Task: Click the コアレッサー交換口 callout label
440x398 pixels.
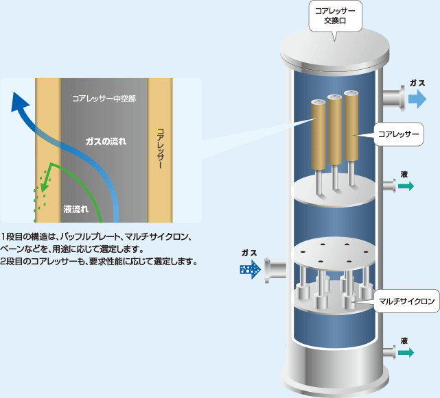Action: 334,16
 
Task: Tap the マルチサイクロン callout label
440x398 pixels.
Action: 406,301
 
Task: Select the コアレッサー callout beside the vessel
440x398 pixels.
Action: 399,135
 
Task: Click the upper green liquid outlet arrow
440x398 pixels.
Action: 406,186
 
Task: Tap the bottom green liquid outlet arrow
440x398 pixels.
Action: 406,352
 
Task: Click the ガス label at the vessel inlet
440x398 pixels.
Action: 248,253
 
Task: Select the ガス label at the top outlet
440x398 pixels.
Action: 417,82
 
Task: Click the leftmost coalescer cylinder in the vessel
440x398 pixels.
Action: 318,134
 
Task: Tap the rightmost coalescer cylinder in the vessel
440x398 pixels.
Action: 352,127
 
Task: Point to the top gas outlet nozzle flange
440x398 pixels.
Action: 396,99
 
